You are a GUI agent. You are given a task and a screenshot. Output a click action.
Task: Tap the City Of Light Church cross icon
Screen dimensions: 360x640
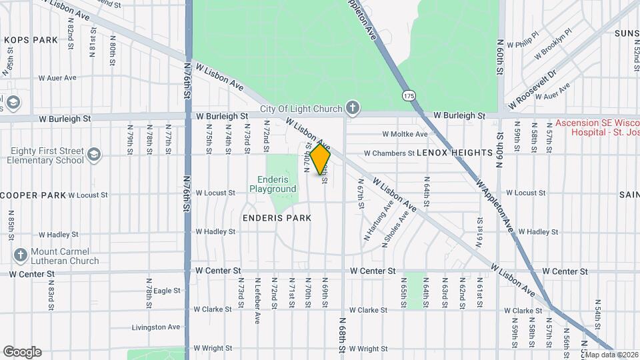tap(353, 107)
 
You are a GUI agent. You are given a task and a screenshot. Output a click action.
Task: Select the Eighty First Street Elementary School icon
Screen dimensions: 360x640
tap(94, 155)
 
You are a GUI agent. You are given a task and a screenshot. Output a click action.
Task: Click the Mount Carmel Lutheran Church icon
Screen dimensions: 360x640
tap(19, 255)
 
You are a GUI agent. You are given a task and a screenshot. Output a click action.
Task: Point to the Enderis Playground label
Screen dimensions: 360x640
tap(273, 184)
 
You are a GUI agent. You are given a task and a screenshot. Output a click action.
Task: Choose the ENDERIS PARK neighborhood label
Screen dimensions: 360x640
tap(277, 218)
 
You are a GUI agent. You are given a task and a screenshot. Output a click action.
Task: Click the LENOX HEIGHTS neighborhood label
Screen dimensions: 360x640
tap(454, 153)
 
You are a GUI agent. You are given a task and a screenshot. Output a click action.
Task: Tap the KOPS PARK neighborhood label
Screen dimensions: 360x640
tap(31, 40)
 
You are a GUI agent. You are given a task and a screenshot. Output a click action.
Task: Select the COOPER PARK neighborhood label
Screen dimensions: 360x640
tap(33, 195)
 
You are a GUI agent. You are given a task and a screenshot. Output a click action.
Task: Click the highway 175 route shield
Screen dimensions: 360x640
tap(408, 96)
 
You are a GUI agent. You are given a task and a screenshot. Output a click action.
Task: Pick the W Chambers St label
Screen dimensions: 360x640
tap(389, 153)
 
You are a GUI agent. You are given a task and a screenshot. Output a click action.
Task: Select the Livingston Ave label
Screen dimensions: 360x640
tap(156, 327)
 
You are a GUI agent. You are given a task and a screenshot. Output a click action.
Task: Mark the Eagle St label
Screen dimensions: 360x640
tap(167, 291)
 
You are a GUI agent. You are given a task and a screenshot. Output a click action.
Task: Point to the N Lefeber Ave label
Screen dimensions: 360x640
tap(257, 301)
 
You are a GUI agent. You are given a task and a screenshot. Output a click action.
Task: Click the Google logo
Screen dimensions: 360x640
tap(22, 351)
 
